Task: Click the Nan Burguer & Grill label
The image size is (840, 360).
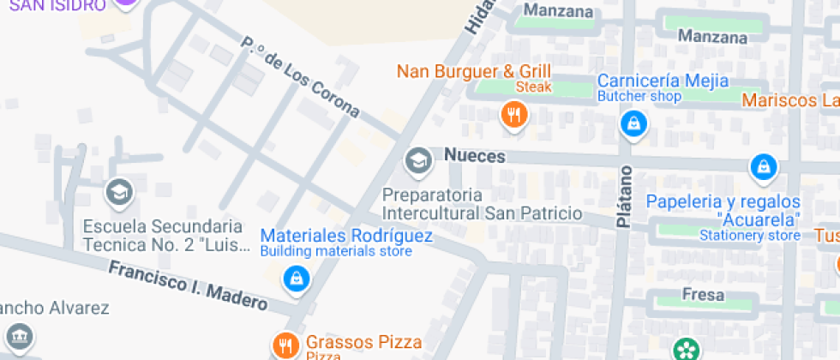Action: (473, 70)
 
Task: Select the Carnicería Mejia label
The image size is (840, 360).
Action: (663, 81)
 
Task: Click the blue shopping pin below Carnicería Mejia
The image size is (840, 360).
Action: (633, 124)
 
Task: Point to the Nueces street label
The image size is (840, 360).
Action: (475, 156)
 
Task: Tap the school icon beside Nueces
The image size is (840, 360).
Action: (418, 159)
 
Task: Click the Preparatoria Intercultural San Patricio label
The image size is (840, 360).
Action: (482, 204)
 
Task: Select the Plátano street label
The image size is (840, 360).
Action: (624, 197)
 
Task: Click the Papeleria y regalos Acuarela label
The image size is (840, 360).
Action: (723, 210)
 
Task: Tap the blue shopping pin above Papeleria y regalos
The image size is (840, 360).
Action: (762, 168)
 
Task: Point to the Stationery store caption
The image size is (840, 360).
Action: (749, 235)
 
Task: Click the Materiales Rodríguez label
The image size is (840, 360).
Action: (346, 235)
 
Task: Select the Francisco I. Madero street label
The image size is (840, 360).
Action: (188, 285)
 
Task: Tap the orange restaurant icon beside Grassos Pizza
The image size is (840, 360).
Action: (285, 345)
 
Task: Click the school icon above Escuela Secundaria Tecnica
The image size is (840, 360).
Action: (119, 193)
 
